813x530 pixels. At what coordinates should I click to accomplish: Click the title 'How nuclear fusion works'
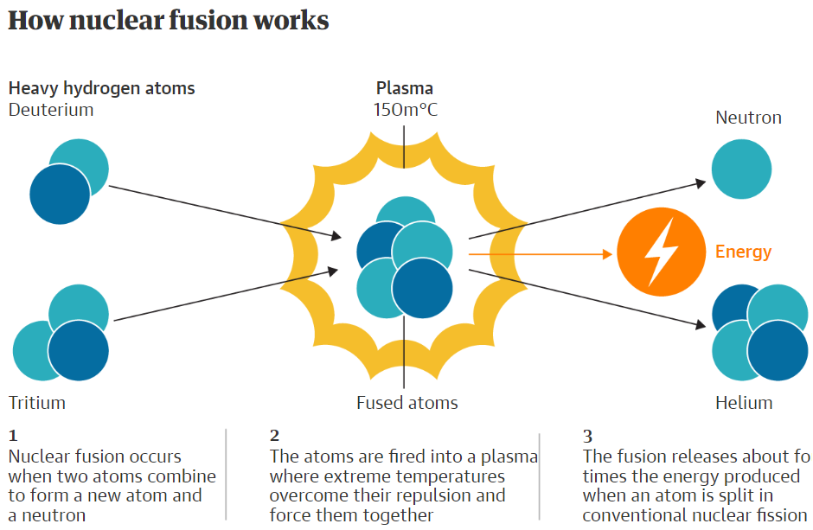click(x=169, y=21)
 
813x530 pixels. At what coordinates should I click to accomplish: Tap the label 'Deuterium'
click(x=51, y=110)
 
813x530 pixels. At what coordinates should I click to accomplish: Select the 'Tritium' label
click(x=37, y=403)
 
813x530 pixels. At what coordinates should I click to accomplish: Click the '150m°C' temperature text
click(x=405, y=110)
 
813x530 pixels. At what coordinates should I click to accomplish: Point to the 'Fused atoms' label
click(x=407, y=403)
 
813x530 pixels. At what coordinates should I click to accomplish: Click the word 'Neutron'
click(x=748, y=118)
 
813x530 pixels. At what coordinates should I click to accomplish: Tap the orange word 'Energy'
click(x=743, y=252)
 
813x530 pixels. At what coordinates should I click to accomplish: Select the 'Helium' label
click(x=744, y=403)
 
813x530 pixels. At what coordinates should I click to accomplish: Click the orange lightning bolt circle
click(x=661, y=252)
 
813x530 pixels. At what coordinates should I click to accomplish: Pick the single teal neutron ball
click(x=741, y=169)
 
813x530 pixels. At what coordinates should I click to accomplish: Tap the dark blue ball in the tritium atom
click(x=79, y=351)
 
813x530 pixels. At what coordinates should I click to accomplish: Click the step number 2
click(x=275, y=436)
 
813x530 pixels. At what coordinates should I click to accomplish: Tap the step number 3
click(x=588, y=436)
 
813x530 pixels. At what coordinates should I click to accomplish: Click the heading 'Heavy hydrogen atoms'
click(x=101, y=88)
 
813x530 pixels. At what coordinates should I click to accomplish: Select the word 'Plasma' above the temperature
click(x=405, y=88)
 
